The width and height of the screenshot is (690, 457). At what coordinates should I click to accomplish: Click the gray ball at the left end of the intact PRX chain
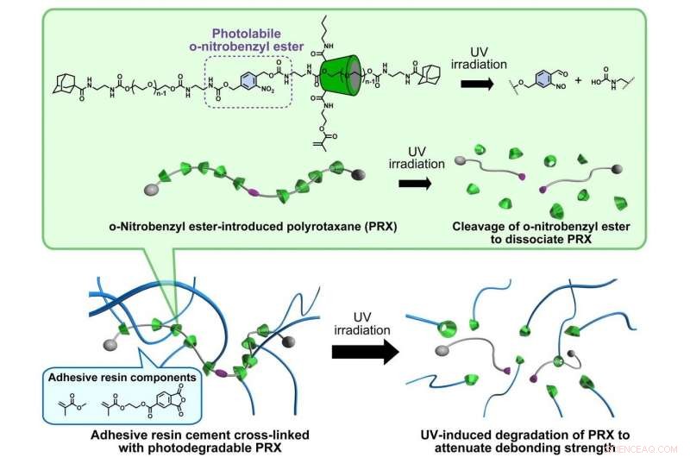coord(147,185)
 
